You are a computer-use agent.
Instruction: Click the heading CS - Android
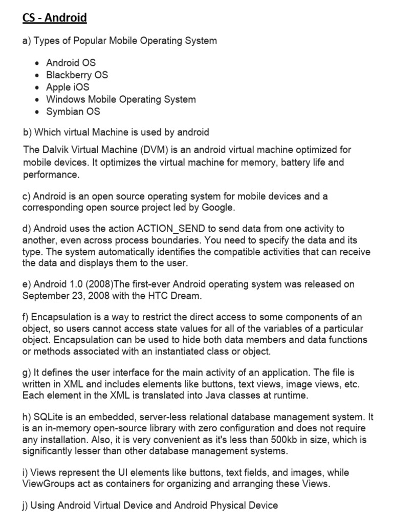tap(55, 18)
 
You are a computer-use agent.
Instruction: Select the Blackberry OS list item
tap(77, 75)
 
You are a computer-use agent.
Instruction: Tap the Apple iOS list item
tap(68, 87)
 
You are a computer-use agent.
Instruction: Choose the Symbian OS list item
tap(73, 112)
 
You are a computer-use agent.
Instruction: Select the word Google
tap(218, 208)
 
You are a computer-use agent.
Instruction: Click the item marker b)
tap(28, 133)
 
